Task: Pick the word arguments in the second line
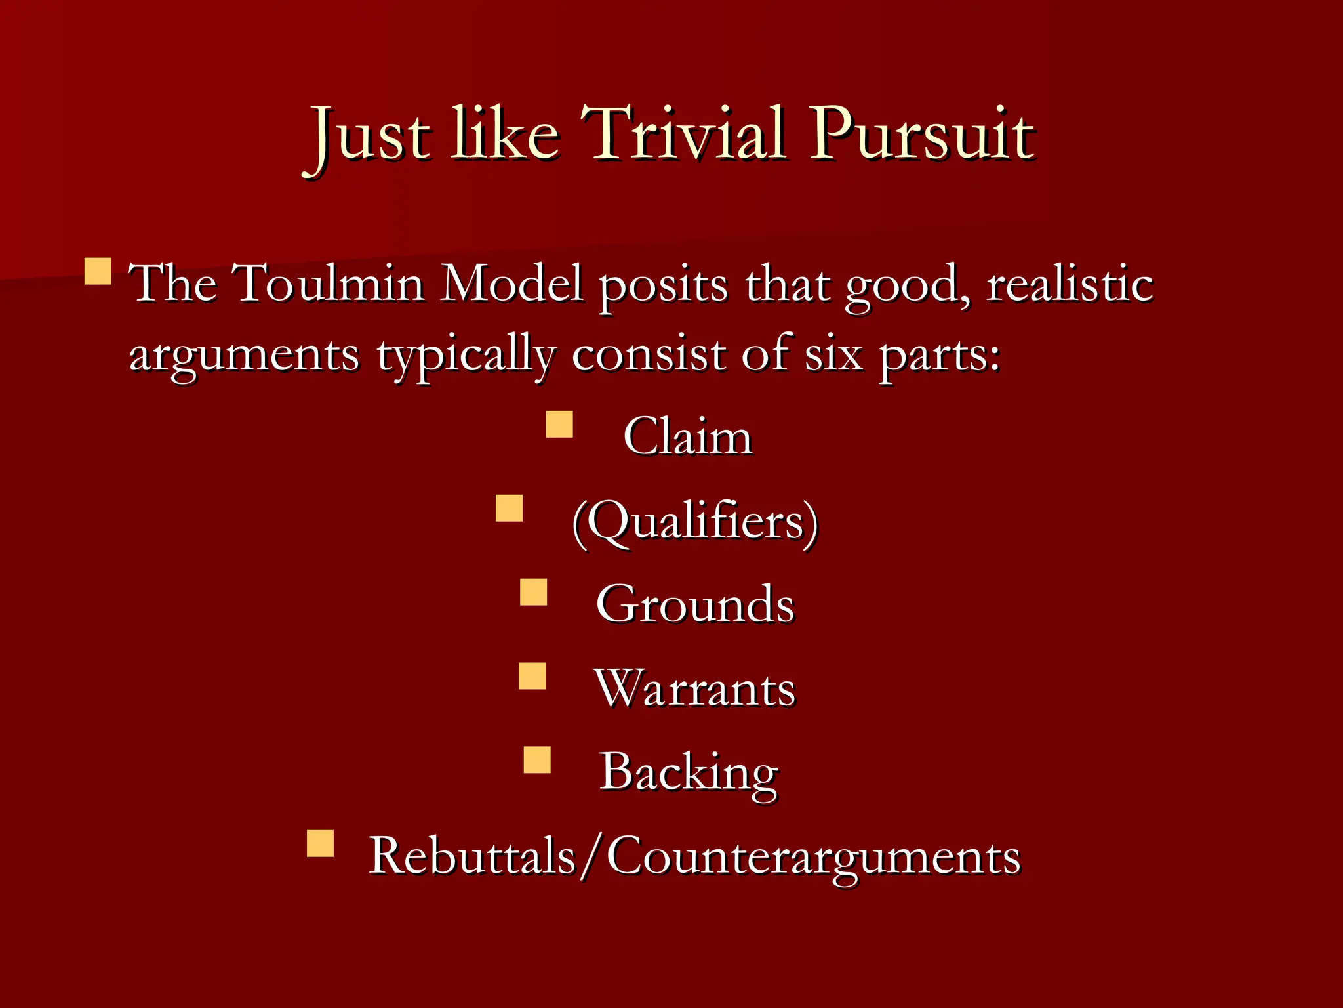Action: pos(244,355)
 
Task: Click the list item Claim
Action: pos(687,436)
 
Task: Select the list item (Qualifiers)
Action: pos(695,522)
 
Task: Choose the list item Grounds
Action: pos(695,604)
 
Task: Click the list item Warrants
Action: pos(695,688)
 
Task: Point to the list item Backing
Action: pos(689,772)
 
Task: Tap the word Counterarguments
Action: pos(813,856)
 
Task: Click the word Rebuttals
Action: pos(472,856)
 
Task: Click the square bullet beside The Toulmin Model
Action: pos(98,270)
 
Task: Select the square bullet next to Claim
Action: pos(559,424)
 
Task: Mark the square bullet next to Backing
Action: pos(537,760)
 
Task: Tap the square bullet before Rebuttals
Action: pos(321,844)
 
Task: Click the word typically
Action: pos(466,355)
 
